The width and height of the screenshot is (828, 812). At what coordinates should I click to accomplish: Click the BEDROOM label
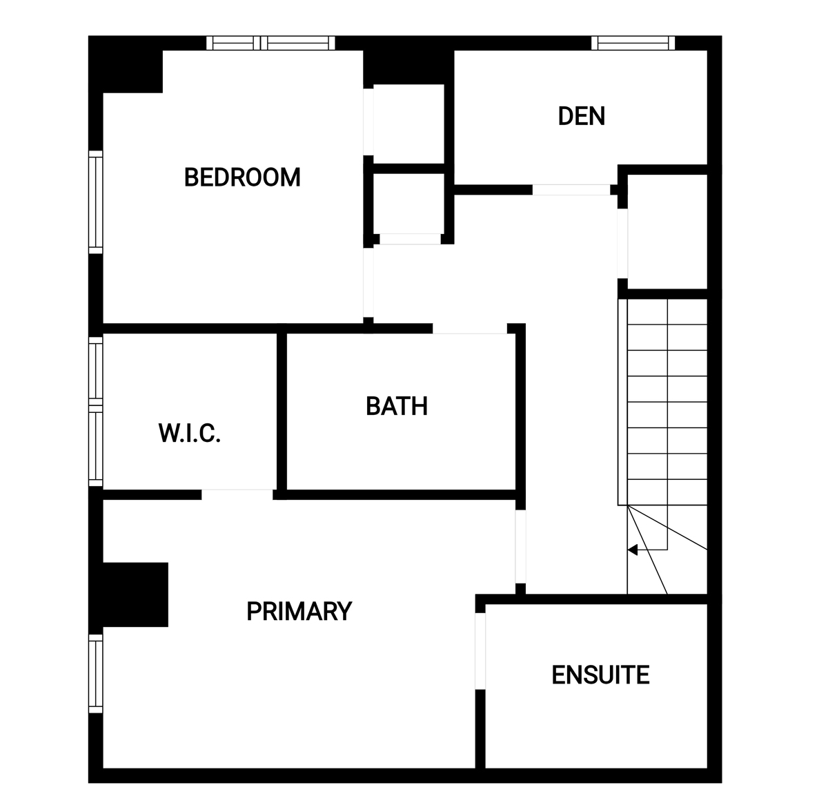(x=242, y=177)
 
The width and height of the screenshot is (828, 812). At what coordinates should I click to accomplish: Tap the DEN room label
(x=582, y=116)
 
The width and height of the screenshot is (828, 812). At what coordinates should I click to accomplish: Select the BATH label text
(x=397, y=406)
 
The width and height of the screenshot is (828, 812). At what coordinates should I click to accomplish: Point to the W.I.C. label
(x=190, y=433)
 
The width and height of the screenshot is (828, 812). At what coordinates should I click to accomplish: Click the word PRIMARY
(x=299, y=611)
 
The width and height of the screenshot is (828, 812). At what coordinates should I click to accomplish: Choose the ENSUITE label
(x=600, y=675)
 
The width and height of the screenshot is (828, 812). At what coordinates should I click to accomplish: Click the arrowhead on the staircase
(x=633, y=550)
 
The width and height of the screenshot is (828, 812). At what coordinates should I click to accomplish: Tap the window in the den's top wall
(x=633, y=43)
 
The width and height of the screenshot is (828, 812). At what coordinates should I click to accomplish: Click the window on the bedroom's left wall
(x=96, y=202)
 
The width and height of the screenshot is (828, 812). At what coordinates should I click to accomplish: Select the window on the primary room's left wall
(x=96, y=673)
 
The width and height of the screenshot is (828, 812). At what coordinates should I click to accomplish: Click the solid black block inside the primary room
(x=135, y=594)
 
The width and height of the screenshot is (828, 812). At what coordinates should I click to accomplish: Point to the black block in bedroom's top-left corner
(x=126, y=64)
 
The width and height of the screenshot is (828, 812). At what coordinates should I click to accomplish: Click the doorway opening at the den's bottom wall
(x=571, y=190)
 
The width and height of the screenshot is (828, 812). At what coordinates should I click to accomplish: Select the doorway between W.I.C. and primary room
(x=237, y=494)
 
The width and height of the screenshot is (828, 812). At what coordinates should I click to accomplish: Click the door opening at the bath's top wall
(x=470, y=329)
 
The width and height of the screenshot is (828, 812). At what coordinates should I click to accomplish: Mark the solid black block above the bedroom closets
(x=408, y=67)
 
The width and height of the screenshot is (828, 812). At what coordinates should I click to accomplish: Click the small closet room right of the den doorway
(x=667, y=232)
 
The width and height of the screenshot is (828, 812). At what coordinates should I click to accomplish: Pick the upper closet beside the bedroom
(x=408, y=124)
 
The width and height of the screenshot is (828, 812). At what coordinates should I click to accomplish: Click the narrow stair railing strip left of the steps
(x=622, y=402)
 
